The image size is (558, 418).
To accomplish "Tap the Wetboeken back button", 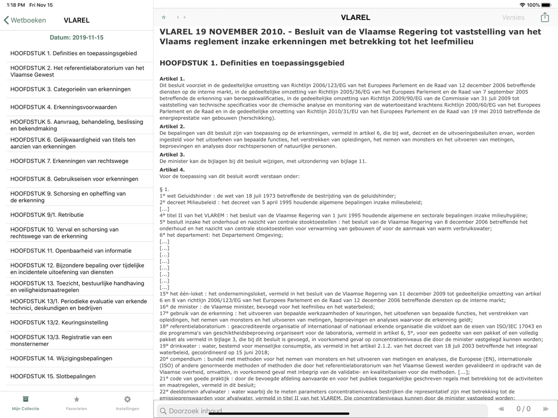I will tap(25, 20).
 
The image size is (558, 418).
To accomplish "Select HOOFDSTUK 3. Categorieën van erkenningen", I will tap(70, 89).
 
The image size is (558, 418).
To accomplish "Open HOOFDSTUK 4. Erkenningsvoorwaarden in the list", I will tap(64, 107).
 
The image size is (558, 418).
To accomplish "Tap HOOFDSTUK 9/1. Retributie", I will tap(47, 215).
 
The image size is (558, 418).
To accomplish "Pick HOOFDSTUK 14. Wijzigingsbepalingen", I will tap(61, 358).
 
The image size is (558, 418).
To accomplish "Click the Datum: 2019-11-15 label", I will tap(76, 38).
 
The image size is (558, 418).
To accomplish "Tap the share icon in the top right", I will tap(545, 17).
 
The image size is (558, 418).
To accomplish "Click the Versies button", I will tap(513, 17).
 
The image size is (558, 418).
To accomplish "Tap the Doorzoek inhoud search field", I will tap(324, 411).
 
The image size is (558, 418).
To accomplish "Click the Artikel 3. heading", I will tap(172, 154).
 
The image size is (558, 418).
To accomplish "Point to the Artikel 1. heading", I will tap(172, 79).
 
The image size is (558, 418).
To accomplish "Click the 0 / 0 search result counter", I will tap(523, 409).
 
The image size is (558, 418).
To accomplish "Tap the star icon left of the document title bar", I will tap(163, 17).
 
